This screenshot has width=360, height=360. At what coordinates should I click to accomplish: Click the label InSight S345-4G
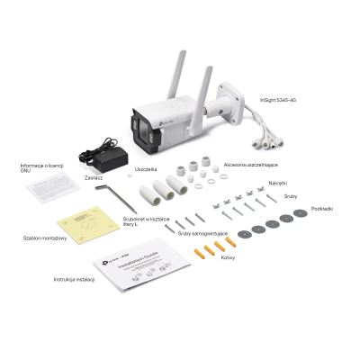pos(278,99)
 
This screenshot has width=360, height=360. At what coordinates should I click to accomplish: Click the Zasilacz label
pos(93,178)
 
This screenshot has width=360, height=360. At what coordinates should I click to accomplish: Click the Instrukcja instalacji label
pos(73,280)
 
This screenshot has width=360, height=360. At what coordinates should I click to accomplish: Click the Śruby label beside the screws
pos(290,194)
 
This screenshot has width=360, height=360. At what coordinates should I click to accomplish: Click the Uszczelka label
pos(146,168)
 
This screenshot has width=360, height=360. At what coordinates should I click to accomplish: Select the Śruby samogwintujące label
pos(202,233)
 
